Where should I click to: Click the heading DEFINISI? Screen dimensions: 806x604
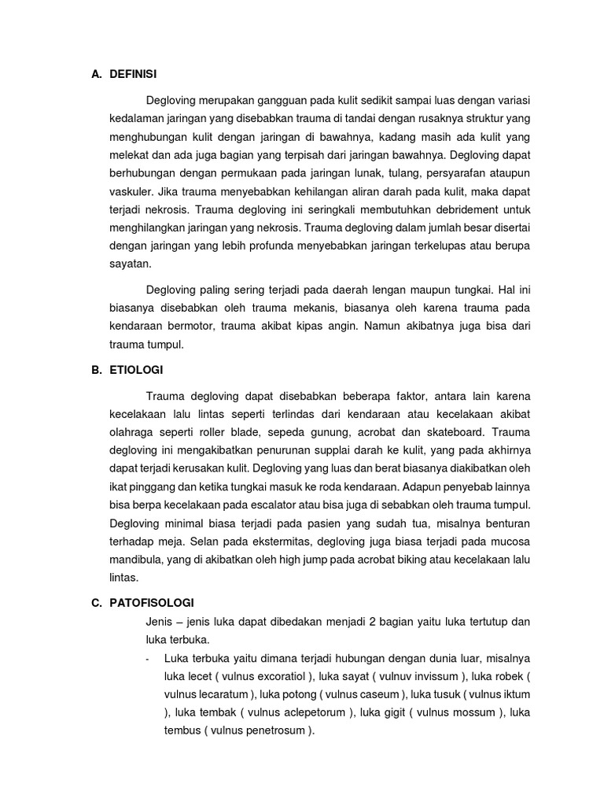134,74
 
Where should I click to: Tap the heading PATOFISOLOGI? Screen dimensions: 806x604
147,604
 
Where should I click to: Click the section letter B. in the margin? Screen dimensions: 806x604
97,370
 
